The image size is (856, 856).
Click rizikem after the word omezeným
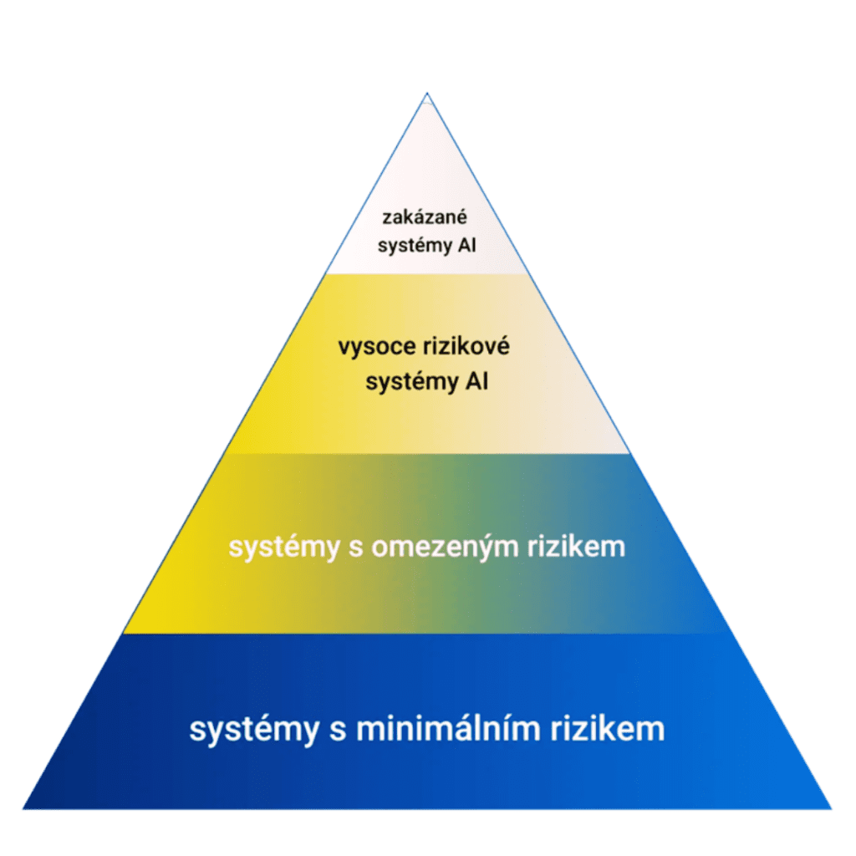(x=582, y=548)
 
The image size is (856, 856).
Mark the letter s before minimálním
(x=337, y=730)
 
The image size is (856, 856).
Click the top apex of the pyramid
(x=427, y=94)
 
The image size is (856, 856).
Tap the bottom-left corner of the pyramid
(x=24, y=808)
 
